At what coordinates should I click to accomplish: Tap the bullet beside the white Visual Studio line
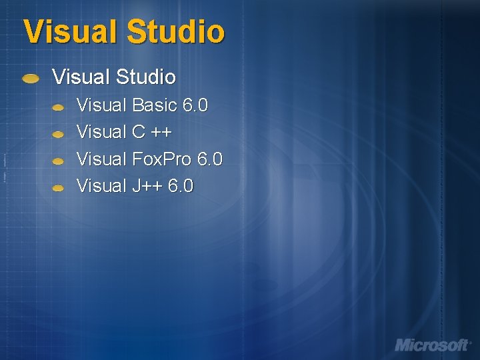30,79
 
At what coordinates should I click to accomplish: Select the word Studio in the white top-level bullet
145,77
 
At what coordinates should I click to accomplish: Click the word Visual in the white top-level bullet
81,77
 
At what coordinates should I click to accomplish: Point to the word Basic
155,105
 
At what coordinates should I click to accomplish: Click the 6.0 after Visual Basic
195,105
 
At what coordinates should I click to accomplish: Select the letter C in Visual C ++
139,132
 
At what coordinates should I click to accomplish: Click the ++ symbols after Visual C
161,132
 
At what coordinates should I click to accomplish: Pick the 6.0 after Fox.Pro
210,159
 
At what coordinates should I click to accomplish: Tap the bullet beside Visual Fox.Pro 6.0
59,161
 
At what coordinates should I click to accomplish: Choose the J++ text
147,186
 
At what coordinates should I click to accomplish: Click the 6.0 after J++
181,186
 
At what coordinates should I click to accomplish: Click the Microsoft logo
433,345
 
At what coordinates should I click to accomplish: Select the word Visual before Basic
102,105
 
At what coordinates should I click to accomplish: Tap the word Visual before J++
102,186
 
